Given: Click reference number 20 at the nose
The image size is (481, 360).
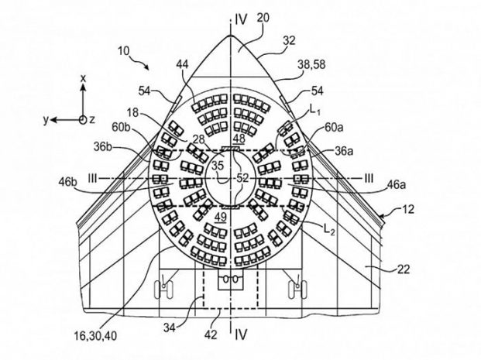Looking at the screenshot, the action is pos(263,18).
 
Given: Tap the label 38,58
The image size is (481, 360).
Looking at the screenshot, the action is pos(311,65).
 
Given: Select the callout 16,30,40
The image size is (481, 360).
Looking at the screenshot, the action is pos(95,336).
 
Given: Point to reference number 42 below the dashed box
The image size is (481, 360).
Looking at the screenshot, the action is pos(211,334).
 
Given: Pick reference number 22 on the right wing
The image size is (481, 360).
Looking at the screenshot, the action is pos(404,269).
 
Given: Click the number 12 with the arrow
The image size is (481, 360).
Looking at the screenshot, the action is pos(407,209).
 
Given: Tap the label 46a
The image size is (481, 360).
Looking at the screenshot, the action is pos(397,185).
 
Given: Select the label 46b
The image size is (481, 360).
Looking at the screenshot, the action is pos(68,182).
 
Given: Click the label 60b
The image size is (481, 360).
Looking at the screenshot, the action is pos(122,127).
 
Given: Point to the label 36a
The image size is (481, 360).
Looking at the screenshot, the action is pos(344,151).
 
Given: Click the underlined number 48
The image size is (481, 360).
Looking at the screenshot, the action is pos(239,139).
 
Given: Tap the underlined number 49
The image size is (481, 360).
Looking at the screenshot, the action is pos(221,217).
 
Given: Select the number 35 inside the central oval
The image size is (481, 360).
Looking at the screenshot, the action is pos(218,166).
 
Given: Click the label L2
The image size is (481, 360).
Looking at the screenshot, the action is pos(329,228).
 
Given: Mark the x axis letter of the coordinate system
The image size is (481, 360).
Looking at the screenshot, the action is pos(83,78).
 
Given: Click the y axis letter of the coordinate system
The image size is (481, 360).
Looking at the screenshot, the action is pos(46,120).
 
